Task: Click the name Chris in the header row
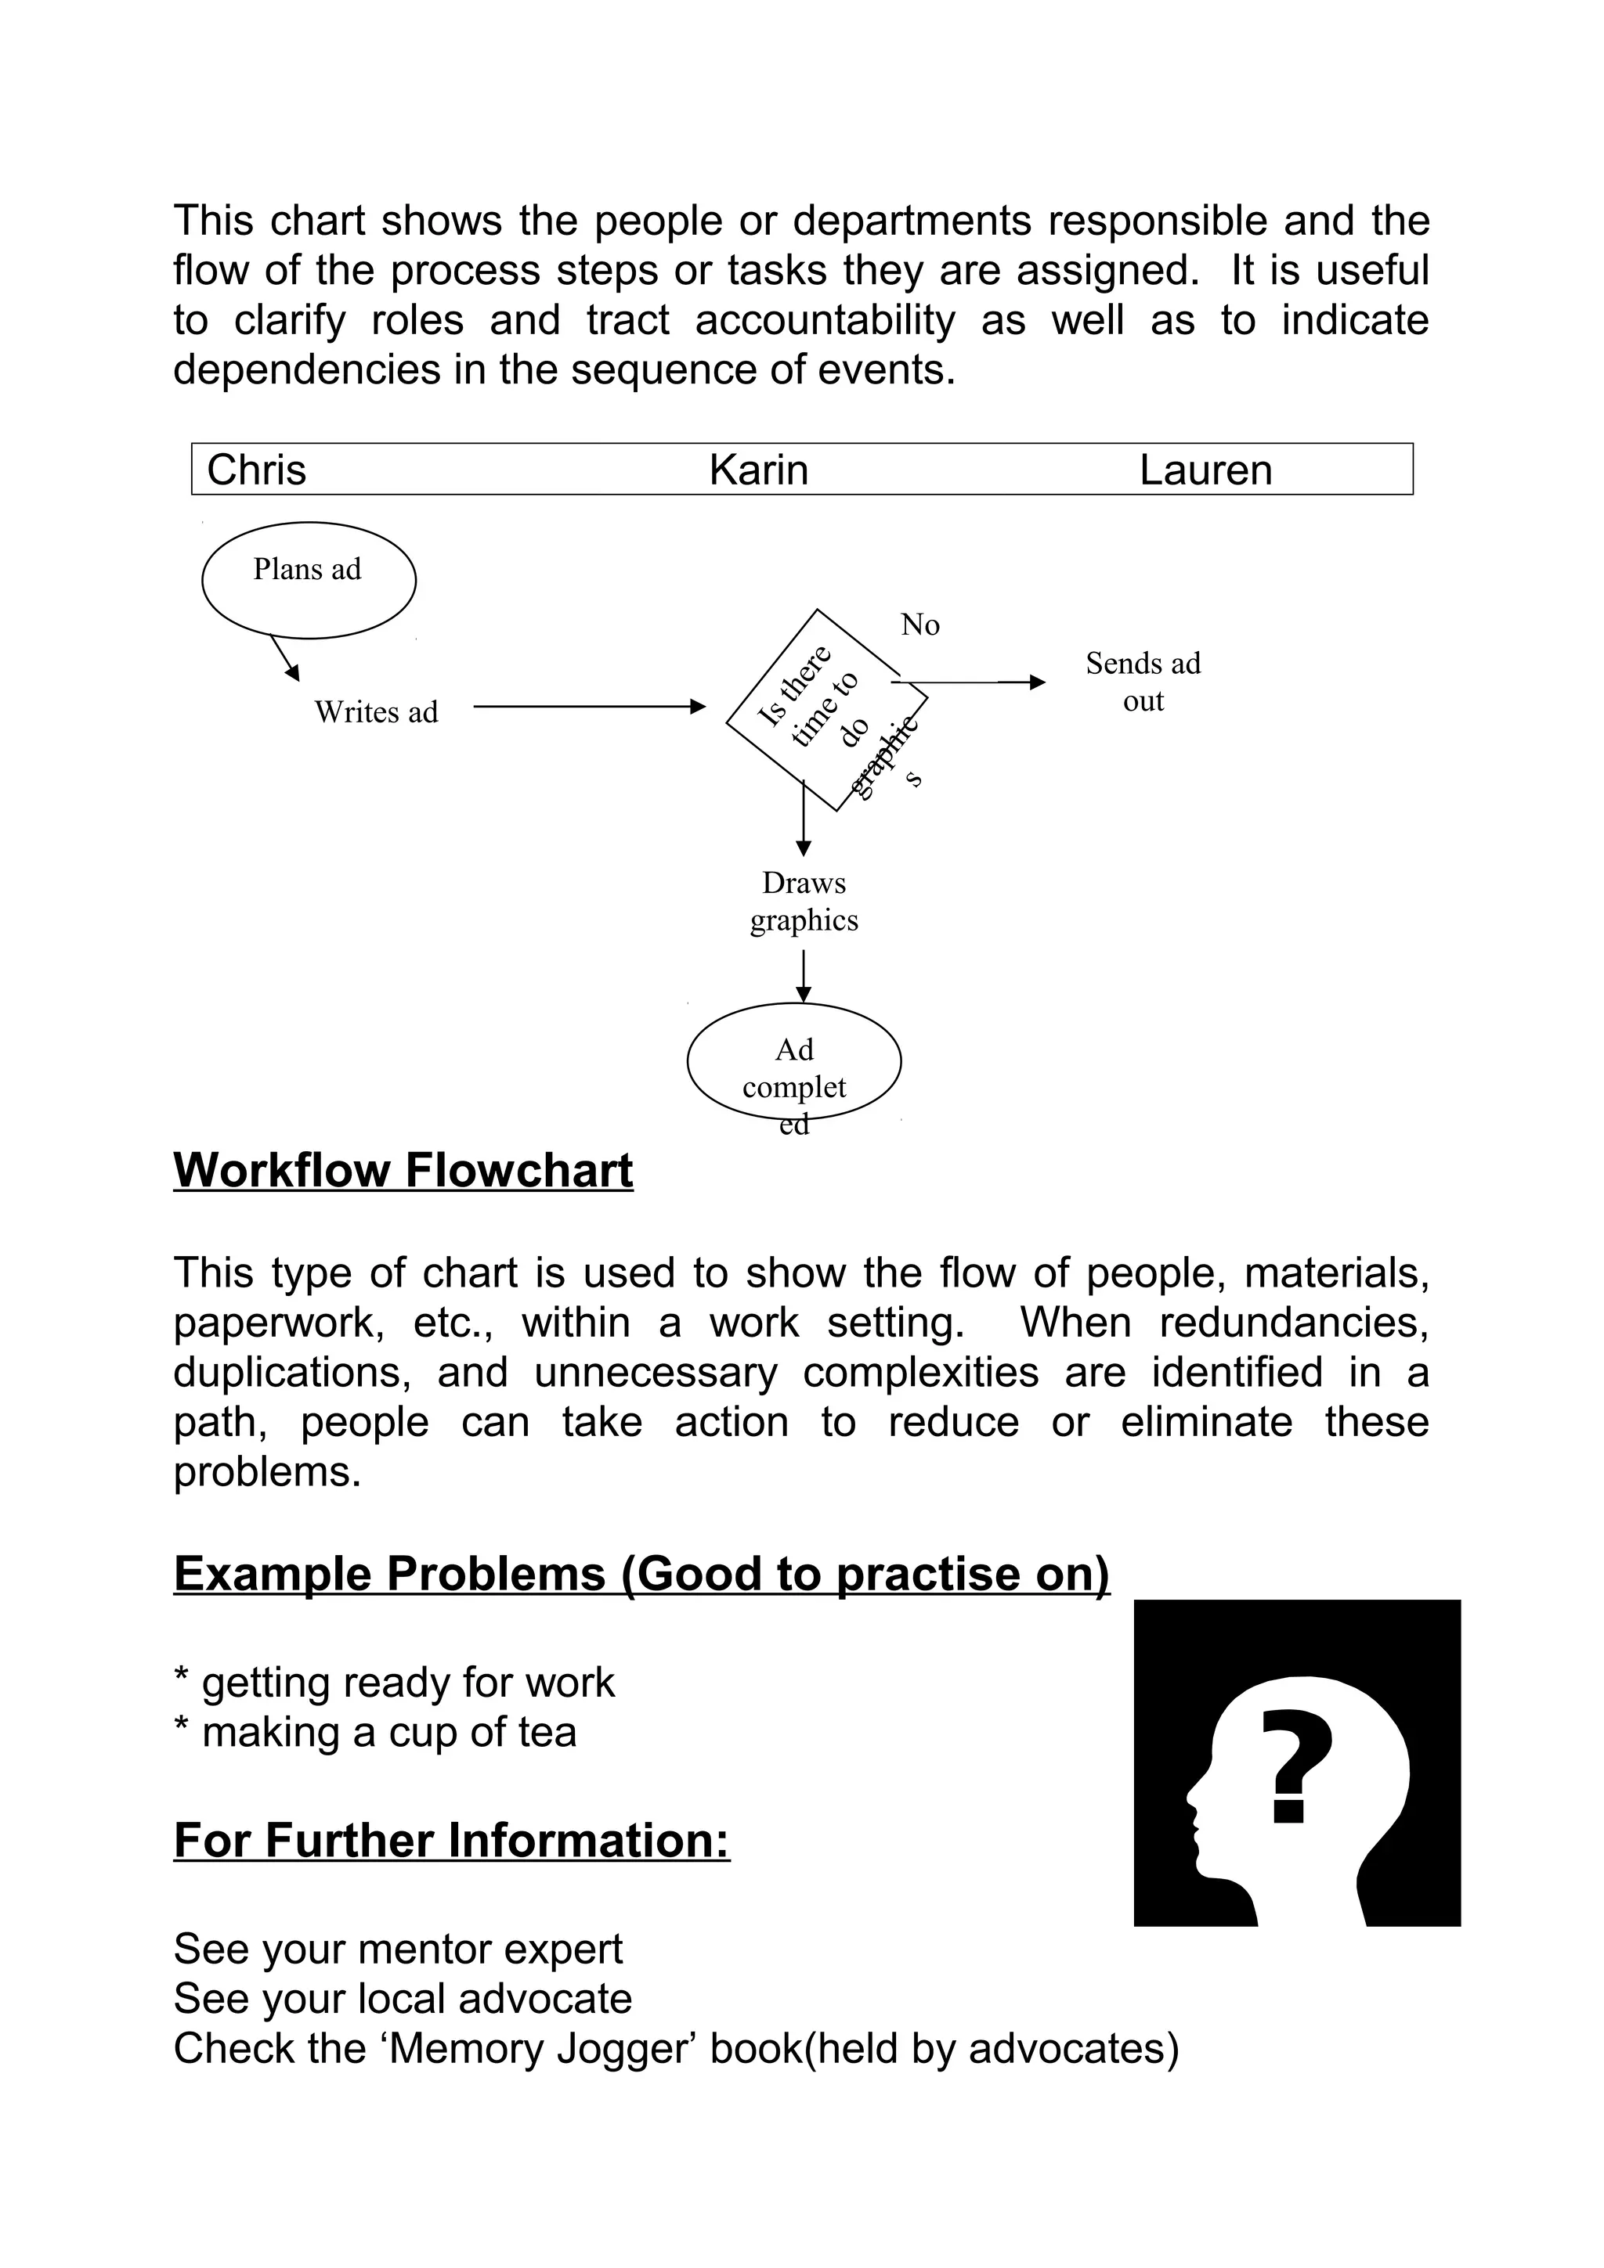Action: pyautogui.click(x=256, y=470)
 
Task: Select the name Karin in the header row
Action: pyautogui.click(x=758, y=470)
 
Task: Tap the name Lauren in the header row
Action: pyautogui.click(x=1205, y=470)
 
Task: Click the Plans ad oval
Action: pyautogui.click(x=309, y=580)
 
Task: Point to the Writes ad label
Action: pyautogui.click(x=376, y=712)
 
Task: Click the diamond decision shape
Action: pyautogui.click(x=826, y=711)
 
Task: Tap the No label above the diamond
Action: pyautogui.click(x=919, y=625)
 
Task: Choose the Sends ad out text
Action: pyautogui.click(x=1143, y=682)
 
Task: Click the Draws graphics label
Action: pyautogui.click(x=804, y=901)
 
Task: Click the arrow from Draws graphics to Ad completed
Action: pyautogui.click(x=804, y=976)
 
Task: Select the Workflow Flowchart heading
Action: pyautogui.click(x=403, y=1171)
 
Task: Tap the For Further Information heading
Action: pyautogui.click(x=452, y=1840)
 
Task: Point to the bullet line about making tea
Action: pyautogui.click(x=376, y=1732)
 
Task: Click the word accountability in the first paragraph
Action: pyautogui.click(x=825, y=320)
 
